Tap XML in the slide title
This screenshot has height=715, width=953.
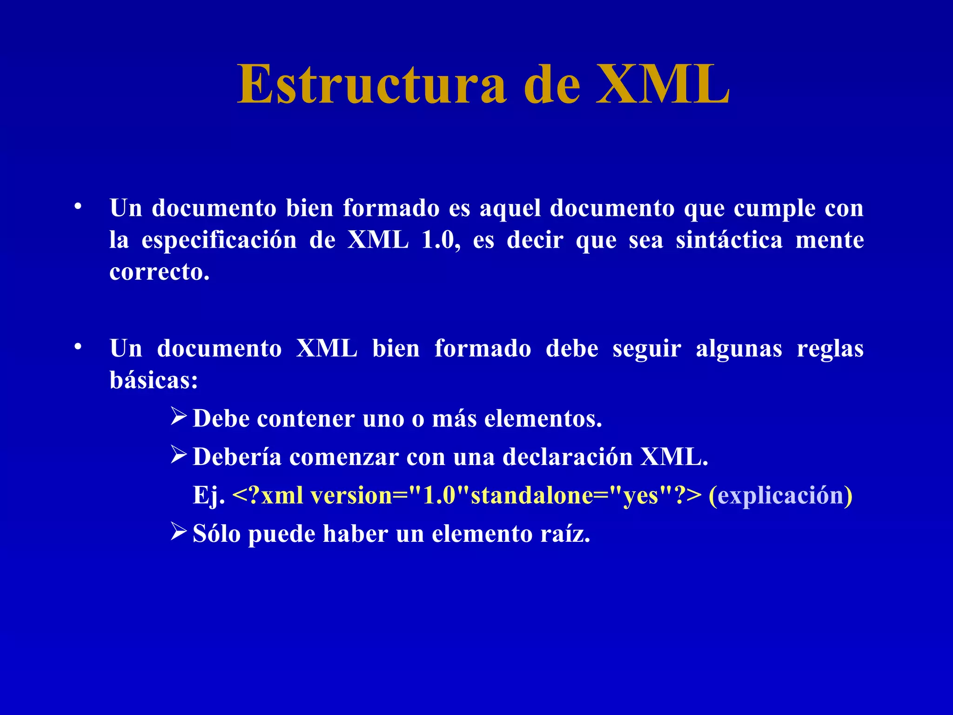coord(663,85)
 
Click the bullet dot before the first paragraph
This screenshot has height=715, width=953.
coord(78,206)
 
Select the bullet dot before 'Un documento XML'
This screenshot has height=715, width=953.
coord(78,347)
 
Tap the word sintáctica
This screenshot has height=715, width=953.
coord(729,240)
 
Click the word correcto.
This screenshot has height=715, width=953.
coord(159,272)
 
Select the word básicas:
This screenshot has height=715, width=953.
coord(154,380)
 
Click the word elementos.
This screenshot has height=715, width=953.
coord(543,418)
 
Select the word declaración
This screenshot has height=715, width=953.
coord(567,457)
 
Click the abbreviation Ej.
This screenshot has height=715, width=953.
coord(208,495)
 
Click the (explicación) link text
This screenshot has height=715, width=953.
coord(780,495)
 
